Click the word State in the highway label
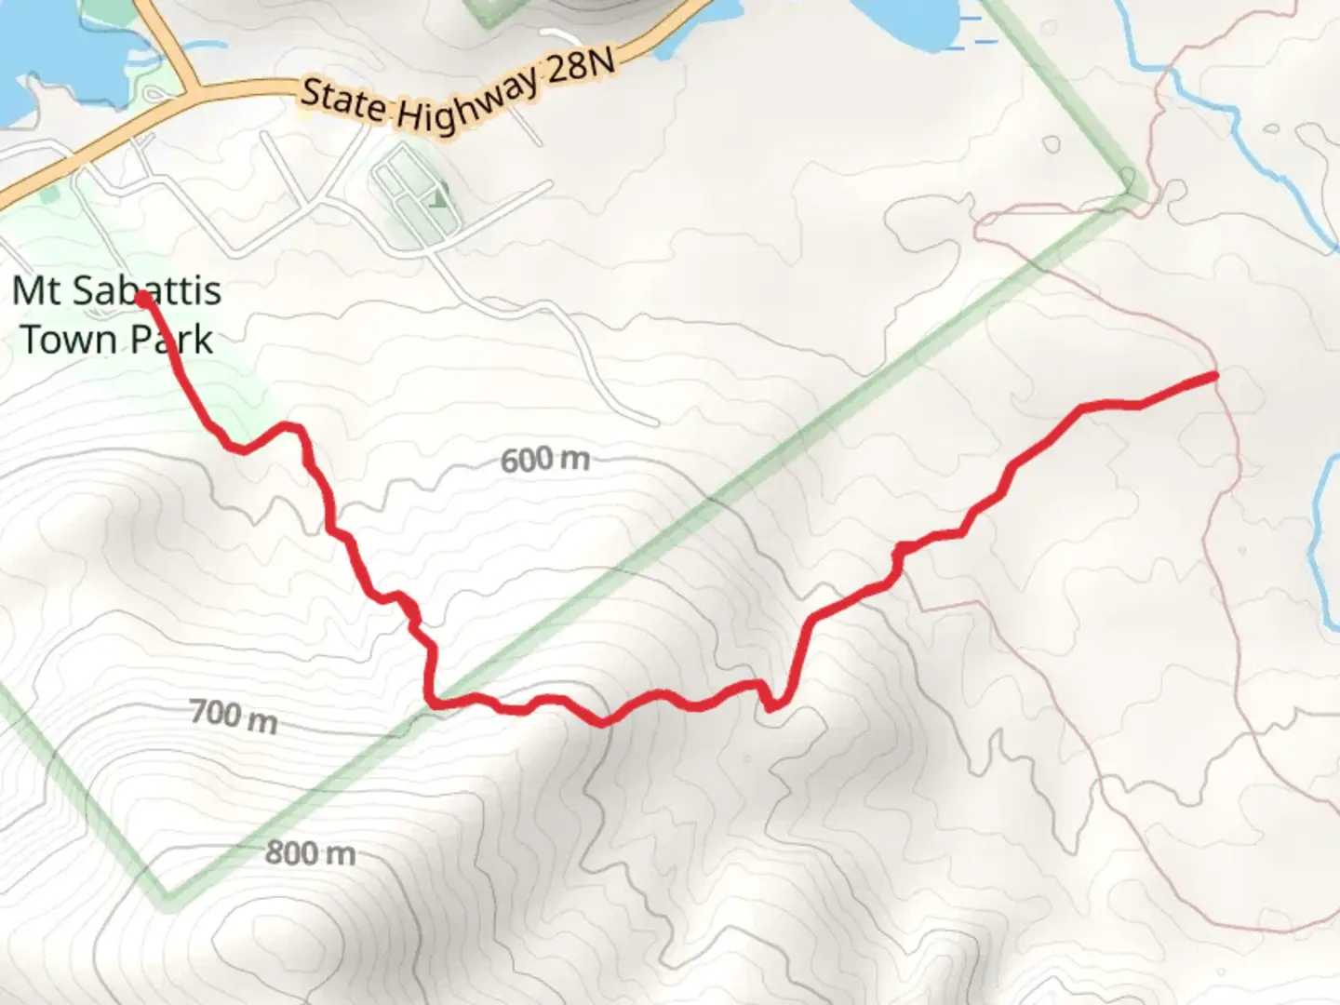[343, 101]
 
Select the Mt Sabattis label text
[116, 290]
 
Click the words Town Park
[116, 339]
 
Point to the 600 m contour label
[544, 459]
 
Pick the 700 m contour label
[234, 717]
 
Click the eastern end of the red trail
[1213, 375]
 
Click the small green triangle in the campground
[438, 197]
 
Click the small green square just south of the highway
[48, 196]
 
